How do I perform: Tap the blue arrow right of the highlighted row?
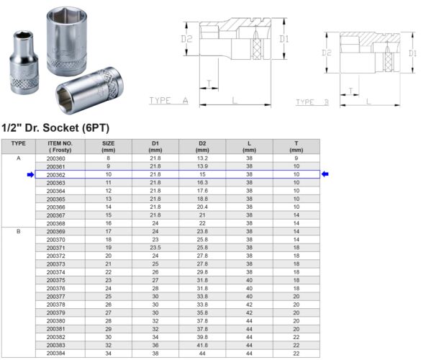325,174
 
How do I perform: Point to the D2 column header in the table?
202,146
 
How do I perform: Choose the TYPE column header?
19,143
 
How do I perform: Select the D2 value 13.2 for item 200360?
202,158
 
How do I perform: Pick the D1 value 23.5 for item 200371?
155,247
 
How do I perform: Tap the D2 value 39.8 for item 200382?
202,337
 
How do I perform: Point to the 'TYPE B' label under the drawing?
312,103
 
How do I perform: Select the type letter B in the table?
19,232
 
